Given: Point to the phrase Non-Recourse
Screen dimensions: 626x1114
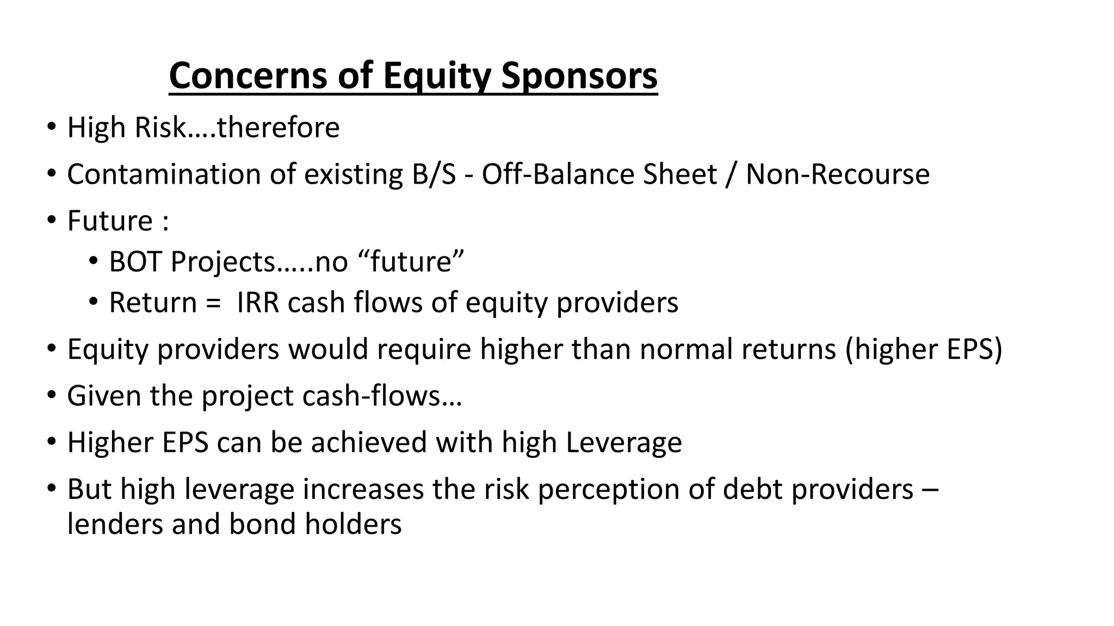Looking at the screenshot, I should (837, 175).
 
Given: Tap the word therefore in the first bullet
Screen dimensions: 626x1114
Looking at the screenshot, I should (278, 128).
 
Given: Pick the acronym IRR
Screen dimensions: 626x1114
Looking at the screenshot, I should (258, 303).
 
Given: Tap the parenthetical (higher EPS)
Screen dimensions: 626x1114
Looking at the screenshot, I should (923, 349).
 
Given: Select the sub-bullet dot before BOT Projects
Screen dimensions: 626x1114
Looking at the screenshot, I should (94, 261).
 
